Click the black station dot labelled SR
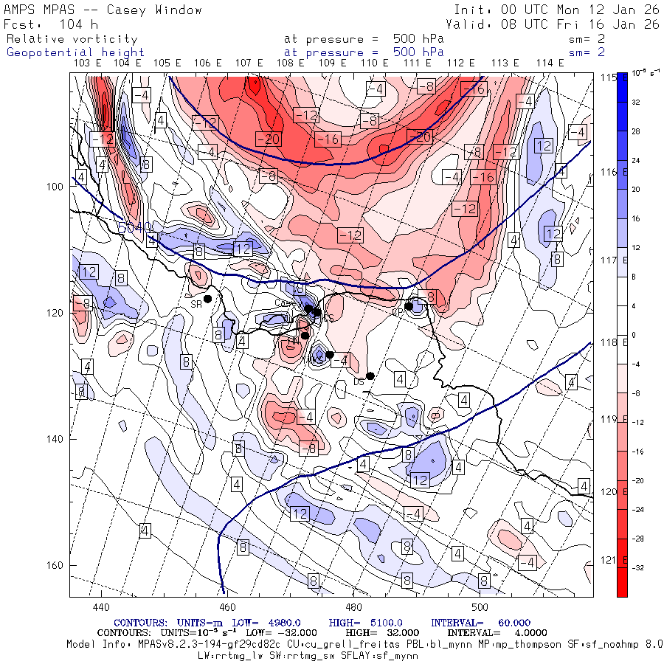coord(208,299)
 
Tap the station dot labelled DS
coord(370,376)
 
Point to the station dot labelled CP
coord(408,306)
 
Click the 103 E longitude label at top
coord(88,63)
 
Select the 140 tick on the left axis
coord(55,439)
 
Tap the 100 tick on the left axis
coord(55,187)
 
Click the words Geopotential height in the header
coord(76,52)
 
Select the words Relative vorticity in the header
coord(72,39)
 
